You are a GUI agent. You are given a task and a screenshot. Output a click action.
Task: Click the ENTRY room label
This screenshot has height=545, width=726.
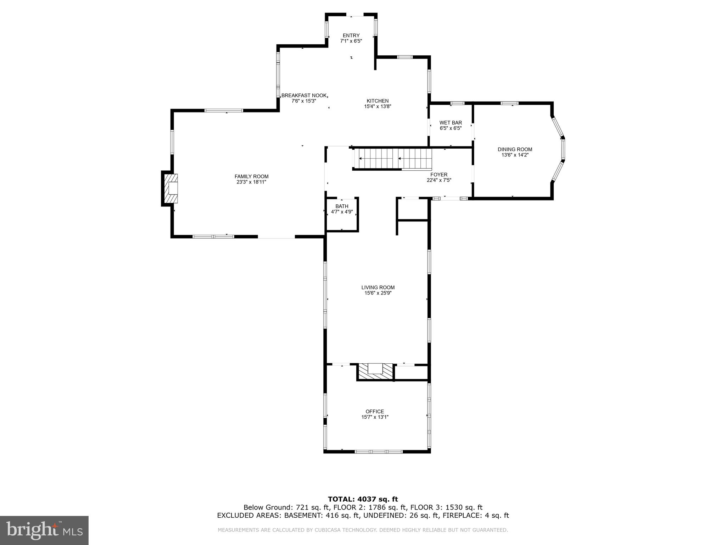pyautogui.click(x=351, y=35)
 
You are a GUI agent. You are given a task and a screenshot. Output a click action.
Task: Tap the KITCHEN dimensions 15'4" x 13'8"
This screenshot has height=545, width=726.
pyautogui.click(x=378, y=106)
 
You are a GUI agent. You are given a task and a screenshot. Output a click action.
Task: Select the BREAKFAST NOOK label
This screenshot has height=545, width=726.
pyautogui.click(x=304, y=95)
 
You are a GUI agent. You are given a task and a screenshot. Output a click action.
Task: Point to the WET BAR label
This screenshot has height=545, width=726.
pyautogui.click(x=451, y=123)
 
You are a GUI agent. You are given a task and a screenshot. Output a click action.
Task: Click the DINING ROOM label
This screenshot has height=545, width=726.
pyautogui.click(x=515, y=149)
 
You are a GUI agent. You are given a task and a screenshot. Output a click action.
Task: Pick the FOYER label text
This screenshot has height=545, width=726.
pyautogui.click(x=439, y=175)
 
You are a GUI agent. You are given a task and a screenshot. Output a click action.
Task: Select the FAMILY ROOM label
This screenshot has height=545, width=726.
pyautogui.click(x=251, y=176)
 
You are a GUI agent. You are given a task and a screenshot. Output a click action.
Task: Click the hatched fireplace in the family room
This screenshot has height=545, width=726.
pyautogui.click(x=171, y=188)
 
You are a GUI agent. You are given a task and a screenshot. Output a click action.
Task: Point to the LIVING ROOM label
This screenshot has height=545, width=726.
pyautogui.click(x=378, y=287)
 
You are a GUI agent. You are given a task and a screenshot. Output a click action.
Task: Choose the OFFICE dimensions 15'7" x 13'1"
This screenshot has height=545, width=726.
pyautogui.click(x=375, y=417)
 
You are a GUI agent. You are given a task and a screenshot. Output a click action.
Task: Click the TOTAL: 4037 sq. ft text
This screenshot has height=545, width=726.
pyautogui.click(x=363, y=500)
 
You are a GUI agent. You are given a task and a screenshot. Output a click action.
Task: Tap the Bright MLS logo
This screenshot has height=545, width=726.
pyautogui.click(x=44, y=530)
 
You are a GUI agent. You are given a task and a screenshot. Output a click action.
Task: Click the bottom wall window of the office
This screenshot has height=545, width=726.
pyautogui.click(x=378, y=451)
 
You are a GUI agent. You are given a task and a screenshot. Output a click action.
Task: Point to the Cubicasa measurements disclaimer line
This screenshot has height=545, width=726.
pyautogui.click(x=363, y=530)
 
